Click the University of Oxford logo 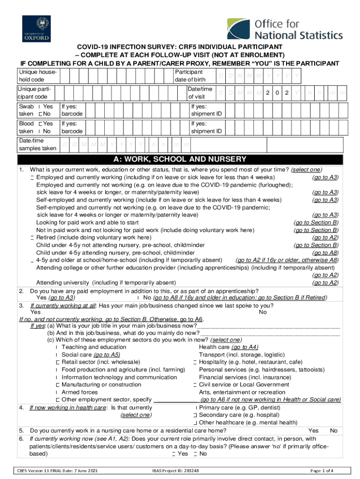36,29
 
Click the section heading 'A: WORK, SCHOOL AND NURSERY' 180,159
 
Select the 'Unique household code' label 37,76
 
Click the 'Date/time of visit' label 200,93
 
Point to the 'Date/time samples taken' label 37,145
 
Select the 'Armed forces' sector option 79,392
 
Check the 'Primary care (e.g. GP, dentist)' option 245,407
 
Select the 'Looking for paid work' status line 87,222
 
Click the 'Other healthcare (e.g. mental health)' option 248,422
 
